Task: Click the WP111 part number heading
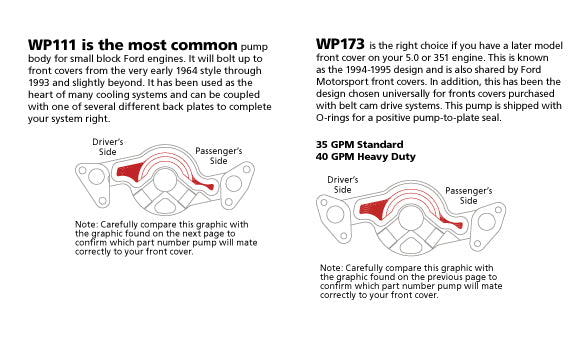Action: click(52, 45)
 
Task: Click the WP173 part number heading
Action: click(340, 44)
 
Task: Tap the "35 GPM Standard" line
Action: click(360, 144)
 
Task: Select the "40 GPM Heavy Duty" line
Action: click(366, 157)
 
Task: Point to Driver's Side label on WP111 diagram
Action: click(108, 147)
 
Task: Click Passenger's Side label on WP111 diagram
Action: click(219, 156)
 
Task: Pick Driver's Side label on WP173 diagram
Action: click(343, 185)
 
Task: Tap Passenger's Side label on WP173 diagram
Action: click(469, 196)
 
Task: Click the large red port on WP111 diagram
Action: click(130, 172)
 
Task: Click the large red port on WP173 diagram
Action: click(372, 209)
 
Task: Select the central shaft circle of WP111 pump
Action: click(165, 179)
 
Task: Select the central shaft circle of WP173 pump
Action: click(411, 218)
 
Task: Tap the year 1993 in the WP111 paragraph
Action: click(39, 83)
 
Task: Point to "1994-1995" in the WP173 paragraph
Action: click(366, 70)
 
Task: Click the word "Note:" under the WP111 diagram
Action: click(86, 224)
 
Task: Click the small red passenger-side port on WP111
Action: click(203, 184)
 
